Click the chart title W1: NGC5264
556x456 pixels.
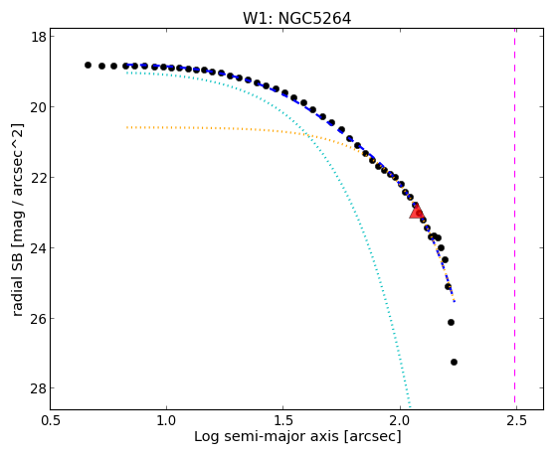tap(296, 19)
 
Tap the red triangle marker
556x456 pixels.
tap(417, 211)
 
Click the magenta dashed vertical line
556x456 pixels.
tap(514, 219)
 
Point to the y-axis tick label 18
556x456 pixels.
tap(39, 37)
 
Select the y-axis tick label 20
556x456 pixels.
tap(39, 106)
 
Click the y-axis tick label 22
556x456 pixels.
tap(39, 177)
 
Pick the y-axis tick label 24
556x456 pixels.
tap(39, 247)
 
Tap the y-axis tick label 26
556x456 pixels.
tap(39, 318)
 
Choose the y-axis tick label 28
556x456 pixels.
tap(39, 388)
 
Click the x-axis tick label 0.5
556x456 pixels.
tap(51, 421)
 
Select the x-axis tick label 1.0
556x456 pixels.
tap(166, 421)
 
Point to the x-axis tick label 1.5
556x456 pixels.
tap(282, 421)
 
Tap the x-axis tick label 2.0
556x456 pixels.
tap(400, 421)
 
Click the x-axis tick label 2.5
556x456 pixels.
tap(516, 421)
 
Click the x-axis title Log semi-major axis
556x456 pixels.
tap(267, 436)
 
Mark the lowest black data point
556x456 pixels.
tap(454, 362)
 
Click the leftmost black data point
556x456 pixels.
tap(88, 66)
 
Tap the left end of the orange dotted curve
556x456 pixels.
tap(127, 127)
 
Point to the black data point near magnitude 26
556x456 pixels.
tap(451, 323)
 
